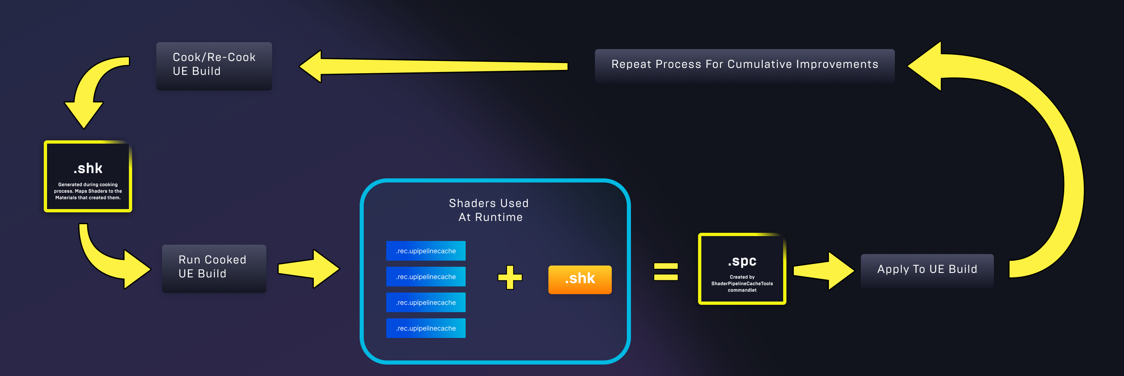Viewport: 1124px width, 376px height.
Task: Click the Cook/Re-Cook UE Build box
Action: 214,66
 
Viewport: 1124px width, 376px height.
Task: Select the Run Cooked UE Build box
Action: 214,268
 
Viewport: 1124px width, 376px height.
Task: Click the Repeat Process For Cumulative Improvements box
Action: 744,65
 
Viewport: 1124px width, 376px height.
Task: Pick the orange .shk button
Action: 579,279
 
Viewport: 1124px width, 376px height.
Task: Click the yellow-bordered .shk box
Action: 88,177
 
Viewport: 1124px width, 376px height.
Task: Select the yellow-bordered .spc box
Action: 742,269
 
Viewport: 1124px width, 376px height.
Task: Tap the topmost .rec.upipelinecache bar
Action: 426,251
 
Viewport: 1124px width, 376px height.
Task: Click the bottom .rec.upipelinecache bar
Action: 426,328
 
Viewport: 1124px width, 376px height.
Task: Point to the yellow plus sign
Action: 510,277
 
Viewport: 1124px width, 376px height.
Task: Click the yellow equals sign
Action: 665,271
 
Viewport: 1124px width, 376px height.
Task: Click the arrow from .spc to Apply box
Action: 822,271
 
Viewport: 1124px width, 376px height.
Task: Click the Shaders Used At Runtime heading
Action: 489,210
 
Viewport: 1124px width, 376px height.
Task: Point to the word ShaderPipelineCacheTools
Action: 742,284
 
